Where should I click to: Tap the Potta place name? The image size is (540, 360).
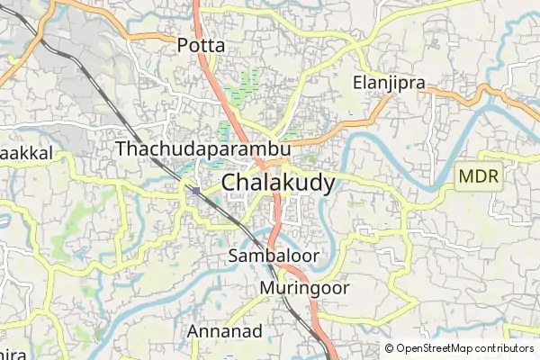pos(201,44)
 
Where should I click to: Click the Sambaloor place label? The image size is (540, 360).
pos(274,256)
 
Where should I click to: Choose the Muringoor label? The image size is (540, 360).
pos(304,289)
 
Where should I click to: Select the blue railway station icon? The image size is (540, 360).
pos(195,190)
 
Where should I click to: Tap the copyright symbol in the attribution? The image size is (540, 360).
pos(390,348)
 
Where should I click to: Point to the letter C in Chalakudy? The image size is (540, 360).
pos(229,183)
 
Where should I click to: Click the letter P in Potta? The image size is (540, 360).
pos(183,44)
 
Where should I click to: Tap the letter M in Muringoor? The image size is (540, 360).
pos(266,289)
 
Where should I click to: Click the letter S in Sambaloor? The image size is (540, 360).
pos(234,256)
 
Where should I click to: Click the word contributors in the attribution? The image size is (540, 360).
pos(501,348)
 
